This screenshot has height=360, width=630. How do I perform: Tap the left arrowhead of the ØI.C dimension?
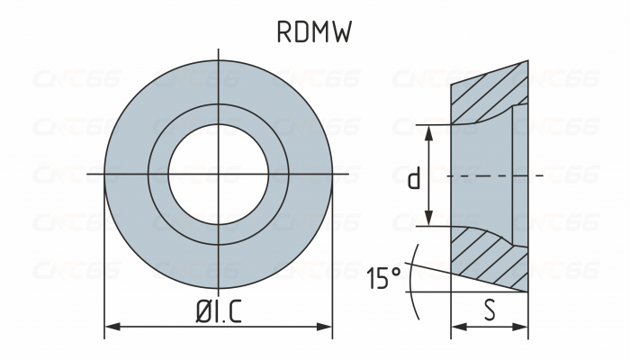tap(111, 326)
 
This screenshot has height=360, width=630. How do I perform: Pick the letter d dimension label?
tap(413, 178)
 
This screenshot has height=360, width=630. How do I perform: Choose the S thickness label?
tap(489, 310)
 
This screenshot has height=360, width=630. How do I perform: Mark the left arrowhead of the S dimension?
tap(455, 326)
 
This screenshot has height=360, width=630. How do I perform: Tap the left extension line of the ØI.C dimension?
tap(105, 270)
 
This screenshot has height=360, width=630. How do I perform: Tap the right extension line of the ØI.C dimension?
tap(332, 270)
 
